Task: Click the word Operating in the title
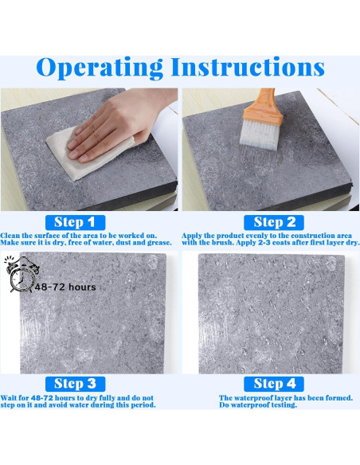click(100, 68)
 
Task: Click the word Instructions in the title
click(248, 67)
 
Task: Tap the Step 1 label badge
click(75, 222)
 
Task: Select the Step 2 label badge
click(274, 222)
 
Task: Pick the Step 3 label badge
click(75, 384)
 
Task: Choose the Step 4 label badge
click(274, 384)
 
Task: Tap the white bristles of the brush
click(260, 135)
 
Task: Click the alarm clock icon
click(22, 275)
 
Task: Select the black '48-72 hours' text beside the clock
click(65, 287)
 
